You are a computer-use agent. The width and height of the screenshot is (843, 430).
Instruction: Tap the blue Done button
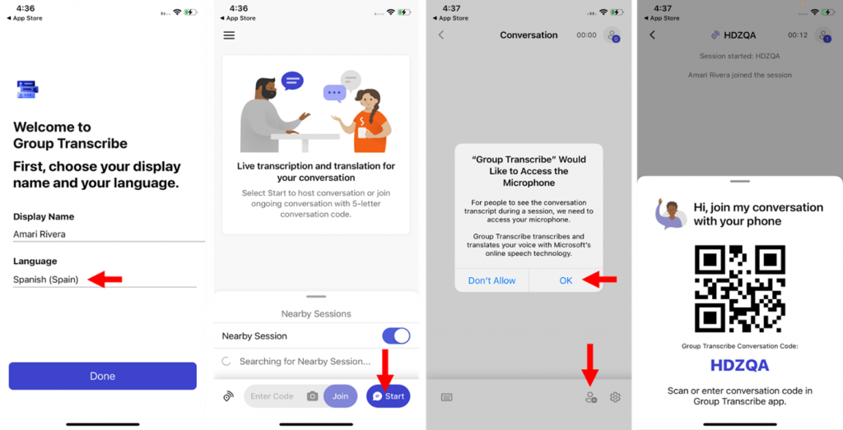coord(103,376)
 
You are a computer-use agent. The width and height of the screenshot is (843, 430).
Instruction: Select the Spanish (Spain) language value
coord(46,280)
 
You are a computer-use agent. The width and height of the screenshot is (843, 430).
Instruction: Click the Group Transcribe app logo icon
coord(27,89)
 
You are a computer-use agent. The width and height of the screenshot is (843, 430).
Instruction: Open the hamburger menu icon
coord(229,35)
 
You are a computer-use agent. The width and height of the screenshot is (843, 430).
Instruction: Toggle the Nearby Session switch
coord(396,336)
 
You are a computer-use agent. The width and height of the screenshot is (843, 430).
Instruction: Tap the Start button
coord(389,396)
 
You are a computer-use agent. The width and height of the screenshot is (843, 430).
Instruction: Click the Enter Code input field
coord(272,396)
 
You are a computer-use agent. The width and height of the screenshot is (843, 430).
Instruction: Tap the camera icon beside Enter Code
coord(312,396)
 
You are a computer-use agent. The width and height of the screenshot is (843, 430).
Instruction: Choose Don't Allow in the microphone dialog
coord(492,280)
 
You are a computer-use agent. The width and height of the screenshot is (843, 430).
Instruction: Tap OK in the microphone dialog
coord(566,280)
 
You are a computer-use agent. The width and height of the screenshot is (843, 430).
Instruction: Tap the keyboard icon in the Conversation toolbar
coord(447,397)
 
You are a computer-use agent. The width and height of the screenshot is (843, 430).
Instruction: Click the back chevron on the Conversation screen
coord(441,35)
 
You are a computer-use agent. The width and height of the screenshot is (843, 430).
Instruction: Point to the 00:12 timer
coord(798,35)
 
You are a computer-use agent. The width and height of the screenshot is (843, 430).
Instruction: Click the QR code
coord(740,289)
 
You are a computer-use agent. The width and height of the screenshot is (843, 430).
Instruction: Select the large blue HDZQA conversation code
coord(740,365)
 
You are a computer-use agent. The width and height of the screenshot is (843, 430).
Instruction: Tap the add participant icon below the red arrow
coord(591,397)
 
